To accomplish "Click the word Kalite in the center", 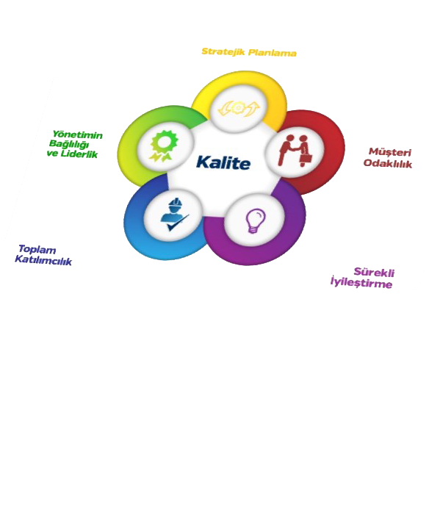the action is (223, 162).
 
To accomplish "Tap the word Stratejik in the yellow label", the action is (223, 51).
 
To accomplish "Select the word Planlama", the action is (273, 53).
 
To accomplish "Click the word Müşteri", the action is (390, 152).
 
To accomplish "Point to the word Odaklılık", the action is (388, 163).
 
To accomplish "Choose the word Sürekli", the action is (374, 273).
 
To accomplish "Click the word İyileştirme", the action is (361, 282).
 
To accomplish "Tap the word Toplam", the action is (37, 250).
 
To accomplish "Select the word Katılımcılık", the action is (43, 260).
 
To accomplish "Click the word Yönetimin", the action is (78, 134).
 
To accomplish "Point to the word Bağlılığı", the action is (69, 144).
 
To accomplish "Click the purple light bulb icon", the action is (255, 220).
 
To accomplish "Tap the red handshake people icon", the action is (295, 151).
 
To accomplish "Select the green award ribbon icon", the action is (164, 145).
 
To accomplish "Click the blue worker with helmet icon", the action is (173, 215).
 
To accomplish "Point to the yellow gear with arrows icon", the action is (239, 109).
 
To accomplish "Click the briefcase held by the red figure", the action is (307, 159).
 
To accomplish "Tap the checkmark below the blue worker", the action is (178, 223).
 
